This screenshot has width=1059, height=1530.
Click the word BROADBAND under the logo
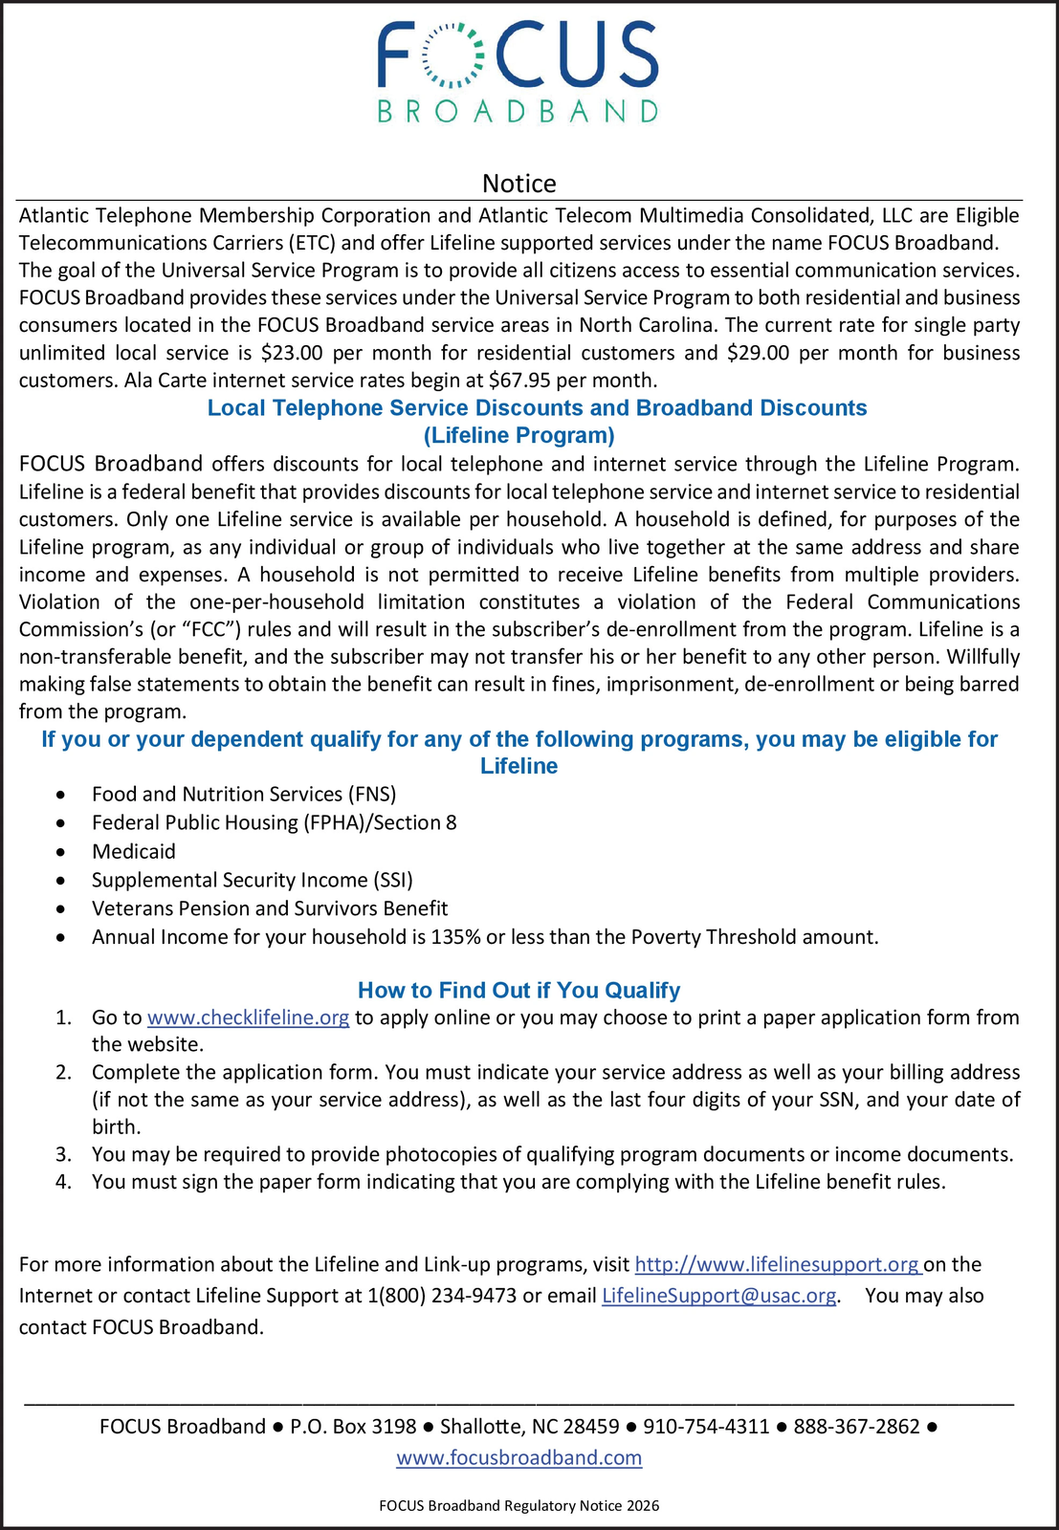pyautogui.click(x=518, y=112)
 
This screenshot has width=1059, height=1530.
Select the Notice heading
pyautogui.click(x=518, y=183)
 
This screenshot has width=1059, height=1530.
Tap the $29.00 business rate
pyautogui.click(x=758, y=353)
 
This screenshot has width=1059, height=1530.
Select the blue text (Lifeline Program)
pyautogui.click(x=518, y=436)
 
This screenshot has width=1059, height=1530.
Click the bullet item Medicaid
pyautogui.click(x=134, y=851)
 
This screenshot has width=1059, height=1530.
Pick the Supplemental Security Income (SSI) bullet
pyautogui.click(x=253, y=880)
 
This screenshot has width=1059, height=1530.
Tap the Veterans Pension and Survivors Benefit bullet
pyautogui.click(x=270, y=908)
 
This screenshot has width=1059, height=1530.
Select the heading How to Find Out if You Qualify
pyautogui.click(x=518, y=991)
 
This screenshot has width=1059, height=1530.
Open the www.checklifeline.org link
pyautogui.click(x=248, y=1017)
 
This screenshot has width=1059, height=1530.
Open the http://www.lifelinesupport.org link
pyautogui.click(x=777, y=1264)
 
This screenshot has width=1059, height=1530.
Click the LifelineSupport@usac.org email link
pyautogui.click(x=718, y=1296)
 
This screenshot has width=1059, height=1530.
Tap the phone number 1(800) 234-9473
pyautogui.click(x=442, y=1296)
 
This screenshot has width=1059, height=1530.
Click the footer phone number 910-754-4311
pyautogui.click(x=706, y=1427)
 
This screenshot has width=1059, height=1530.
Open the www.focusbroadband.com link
pyautogui.click(x=518, y=1457)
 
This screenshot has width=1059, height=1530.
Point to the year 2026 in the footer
pyautogui.click(x=643, y=1505)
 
